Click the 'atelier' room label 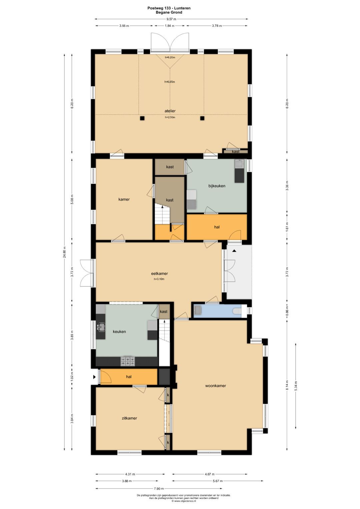(x=170, y=111)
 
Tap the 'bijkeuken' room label (x=217, y=186)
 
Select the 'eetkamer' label (x=160, y=274)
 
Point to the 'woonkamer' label (x=215, y=386)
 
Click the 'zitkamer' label (x=129, y=418)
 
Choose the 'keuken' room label (x=119, y=332)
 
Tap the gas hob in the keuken (x=128, y=361)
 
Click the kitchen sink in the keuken (x=101, y=327)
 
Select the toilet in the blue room (x=237, y=311)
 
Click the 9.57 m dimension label (x=172, y=19)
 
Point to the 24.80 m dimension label (x=65, y=252)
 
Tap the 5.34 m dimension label (x=295, y=386)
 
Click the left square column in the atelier (x=142, y=118)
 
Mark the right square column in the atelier (x=202, y=118)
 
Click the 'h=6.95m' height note (x=170, y=82)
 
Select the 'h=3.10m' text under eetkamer (x=159, y=279)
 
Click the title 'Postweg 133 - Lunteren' (x=169, y=8)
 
